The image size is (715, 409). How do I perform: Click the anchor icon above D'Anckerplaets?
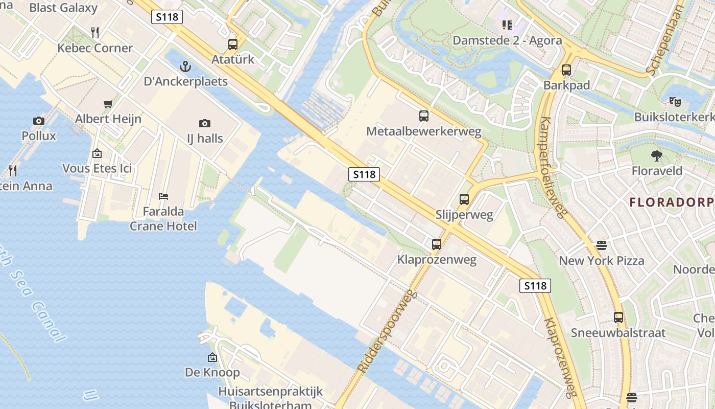pyautogui.click(x=185, y=66)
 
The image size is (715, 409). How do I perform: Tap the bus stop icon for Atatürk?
pyautogui.click(x=233, y=44)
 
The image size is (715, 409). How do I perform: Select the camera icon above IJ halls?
pyautogui.click(x=205, y=123)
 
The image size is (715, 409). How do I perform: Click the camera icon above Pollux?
pyautogui.click(x=39, y=121)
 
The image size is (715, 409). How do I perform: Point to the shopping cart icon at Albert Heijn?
pyautogui.click(x=108, y=104)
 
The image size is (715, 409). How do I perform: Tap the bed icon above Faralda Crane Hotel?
pyautogui.click(x=163, y=196)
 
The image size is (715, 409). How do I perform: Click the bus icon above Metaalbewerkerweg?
pyautogui.click(x=424, y=116)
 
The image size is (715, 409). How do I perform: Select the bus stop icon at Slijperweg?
pyautogui.click(x=464, y=199)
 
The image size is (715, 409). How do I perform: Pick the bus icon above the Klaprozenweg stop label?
pyautogui.click(x=437, y=244)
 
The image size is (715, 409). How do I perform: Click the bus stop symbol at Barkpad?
pyautogui.click(x=566, y=70)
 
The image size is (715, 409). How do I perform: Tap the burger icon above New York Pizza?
pyautogui.click(x=602, y=245)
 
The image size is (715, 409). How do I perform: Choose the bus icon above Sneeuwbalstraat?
pyautogui.click(x=618, y=317)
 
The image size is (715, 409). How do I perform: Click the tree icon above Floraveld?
pyautogui.click(x=657, y=155)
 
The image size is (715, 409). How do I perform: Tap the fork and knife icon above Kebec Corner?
pyautogui.click(x=95, y=33)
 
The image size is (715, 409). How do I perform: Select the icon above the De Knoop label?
pyautogui.click(x=212, y=357)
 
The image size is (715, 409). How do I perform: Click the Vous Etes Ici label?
pyautogui.click(x=97, y=168)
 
